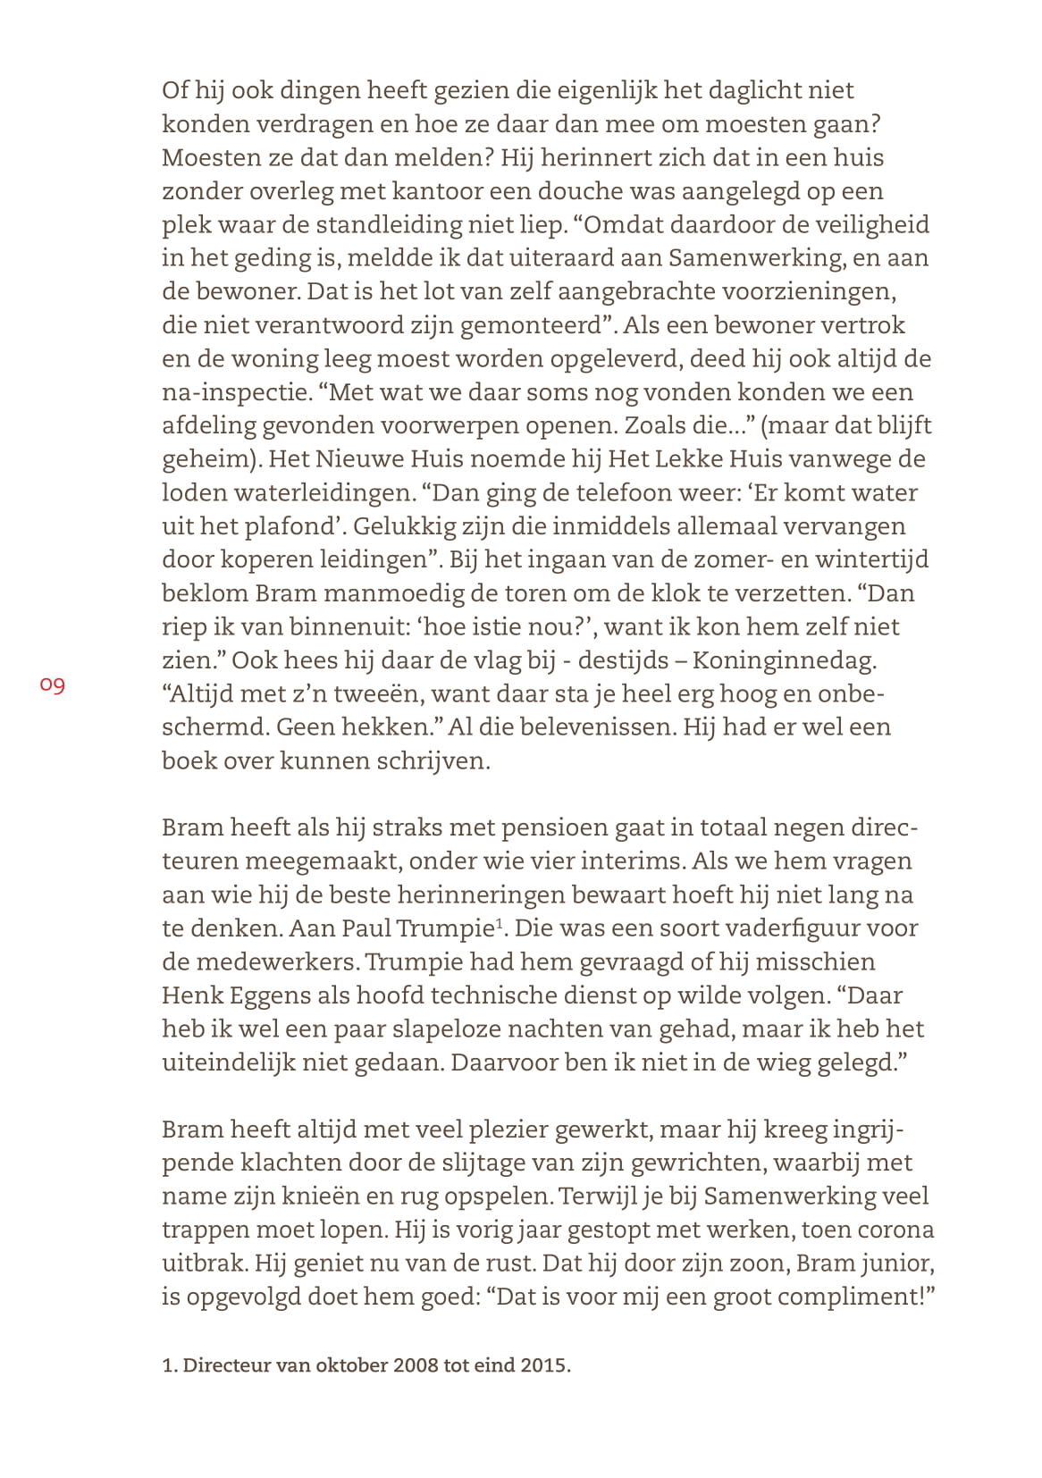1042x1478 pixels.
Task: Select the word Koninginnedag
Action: (x=784, y=660)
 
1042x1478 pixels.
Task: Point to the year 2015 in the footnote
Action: (x=544, y=1366)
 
